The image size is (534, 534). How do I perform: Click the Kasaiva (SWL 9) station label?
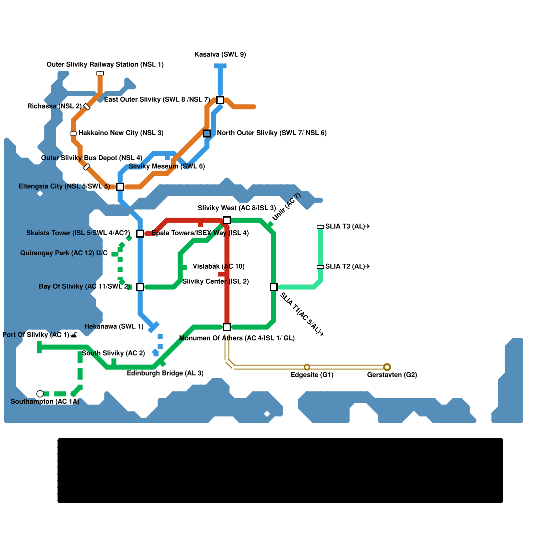tap(220, 54)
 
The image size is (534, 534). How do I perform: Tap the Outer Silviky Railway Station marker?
tap(100, 73)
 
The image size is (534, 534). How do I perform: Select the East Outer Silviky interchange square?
tap(220, 100)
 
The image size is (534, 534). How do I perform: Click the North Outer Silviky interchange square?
tap(207, 133)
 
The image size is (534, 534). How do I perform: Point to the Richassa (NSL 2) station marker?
tap(87, 107)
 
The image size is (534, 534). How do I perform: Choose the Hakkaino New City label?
tap(121, 133)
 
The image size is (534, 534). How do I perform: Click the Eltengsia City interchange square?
tap(120, 187)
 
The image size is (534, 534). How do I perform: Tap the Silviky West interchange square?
tap(227, 220)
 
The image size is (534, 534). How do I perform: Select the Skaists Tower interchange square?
tap(140, 234)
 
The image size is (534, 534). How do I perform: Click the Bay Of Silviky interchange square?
tap(140, 287)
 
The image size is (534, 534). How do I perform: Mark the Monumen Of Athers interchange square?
tap(227, 327)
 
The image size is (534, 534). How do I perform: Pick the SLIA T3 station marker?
tap(320, 227)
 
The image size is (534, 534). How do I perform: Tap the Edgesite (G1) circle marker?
tap(307, 367)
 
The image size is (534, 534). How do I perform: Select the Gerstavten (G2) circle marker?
tap(387, 367)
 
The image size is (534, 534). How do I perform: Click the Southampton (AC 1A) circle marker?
tap(40, 394)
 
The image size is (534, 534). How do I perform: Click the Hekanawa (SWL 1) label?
tap(114, 326)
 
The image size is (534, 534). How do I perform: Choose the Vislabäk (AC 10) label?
tap(219, 266)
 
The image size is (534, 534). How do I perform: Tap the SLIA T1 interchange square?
tap(274, 287)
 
